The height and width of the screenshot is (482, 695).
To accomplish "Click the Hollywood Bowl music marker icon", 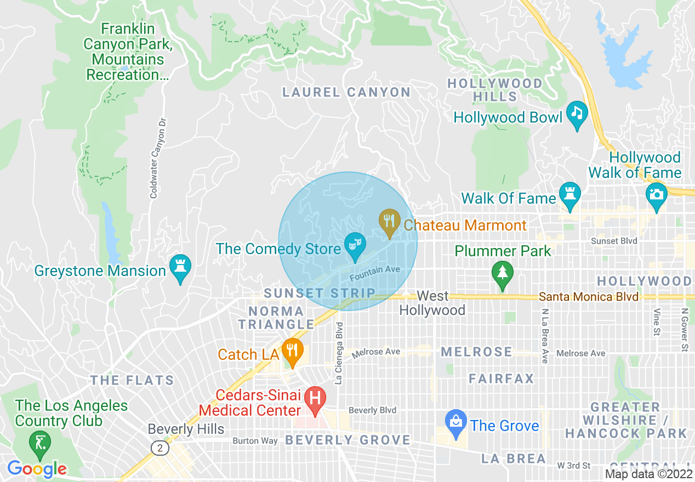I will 577,113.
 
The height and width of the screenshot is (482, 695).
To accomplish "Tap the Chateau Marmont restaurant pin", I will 389,221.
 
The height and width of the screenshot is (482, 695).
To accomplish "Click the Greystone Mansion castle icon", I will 180,267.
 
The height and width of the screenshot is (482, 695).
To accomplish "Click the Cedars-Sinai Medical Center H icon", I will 315,398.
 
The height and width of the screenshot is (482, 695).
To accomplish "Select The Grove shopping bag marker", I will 455,422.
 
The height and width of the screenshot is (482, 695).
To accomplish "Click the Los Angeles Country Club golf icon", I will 40,441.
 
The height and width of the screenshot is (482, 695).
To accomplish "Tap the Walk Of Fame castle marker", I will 570,194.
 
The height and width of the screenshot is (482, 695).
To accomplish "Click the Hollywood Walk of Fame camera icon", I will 656,194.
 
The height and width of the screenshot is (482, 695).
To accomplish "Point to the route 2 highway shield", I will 159,448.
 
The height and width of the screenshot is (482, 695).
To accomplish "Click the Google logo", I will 37,469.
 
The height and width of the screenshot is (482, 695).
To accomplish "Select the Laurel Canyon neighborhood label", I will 346,92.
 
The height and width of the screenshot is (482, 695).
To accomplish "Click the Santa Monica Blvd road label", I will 589,297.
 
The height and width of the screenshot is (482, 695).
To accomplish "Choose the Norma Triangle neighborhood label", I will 276,318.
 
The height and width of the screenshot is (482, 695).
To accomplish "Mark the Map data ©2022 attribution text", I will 648,474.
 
